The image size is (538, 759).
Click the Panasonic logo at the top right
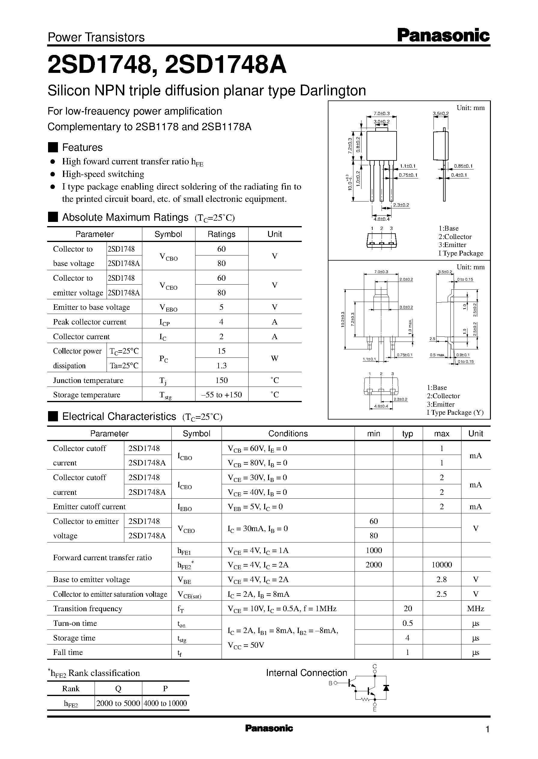click(x=443, y=35)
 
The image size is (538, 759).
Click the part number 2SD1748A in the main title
click(x=225, y=65)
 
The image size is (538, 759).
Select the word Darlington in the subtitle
click(x=332, y=91)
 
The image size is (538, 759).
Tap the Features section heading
click(x=82, y=147)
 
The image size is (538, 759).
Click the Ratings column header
click(x=221, y=234)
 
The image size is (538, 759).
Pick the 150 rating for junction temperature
click(x=221, y=380)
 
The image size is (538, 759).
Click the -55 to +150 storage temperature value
click(x=221, y=395)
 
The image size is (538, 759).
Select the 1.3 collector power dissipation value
click(x=221, y=366)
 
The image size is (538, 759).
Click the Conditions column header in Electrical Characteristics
click(x=288, y=433)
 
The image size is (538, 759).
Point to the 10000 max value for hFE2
click(x=442, y=565)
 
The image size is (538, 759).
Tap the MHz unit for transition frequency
click(x=475, y=609)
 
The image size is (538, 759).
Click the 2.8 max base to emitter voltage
click(x=442, y=579)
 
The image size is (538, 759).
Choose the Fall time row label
click(x=68, y=652)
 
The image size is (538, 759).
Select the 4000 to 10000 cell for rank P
click(x=165, y=703)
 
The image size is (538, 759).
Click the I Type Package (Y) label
click(x=455, y=413)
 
